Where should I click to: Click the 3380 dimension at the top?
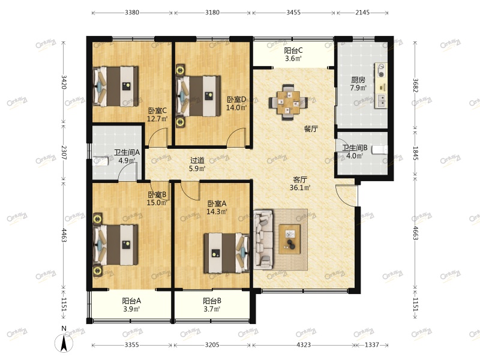pos(132,13)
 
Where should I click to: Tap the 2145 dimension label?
pos(362,13)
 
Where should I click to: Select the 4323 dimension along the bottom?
pos(304,345)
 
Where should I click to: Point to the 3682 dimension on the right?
pos(415,85)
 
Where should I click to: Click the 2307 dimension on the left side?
pos(64,152)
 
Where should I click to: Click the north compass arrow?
pos(64,343)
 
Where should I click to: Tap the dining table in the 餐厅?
pos(287,103)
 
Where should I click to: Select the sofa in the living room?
pos(263,239)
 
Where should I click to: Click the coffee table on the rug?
pos(290,239)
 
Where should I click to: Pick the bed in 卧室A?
pos(227,253)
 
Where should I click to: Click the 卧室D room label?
pos(236,100)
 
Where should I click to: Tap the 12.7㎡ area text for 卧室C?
pos(157,118)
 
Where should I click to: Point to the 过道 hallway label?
pos(197,160)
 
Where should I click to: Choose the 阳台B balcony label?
pos(212,301)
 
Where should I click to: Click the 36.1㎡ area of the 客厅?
pos(300,187)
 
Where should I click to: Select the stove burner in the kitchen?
pos(381,70)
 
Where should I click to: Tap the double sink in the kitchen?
pos(382,101)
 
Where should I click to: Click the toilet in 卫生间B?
pos(379,150)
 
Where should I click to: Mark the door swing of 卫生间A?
pos(128,172)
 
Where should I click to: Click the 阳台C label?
pos(293,50)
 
